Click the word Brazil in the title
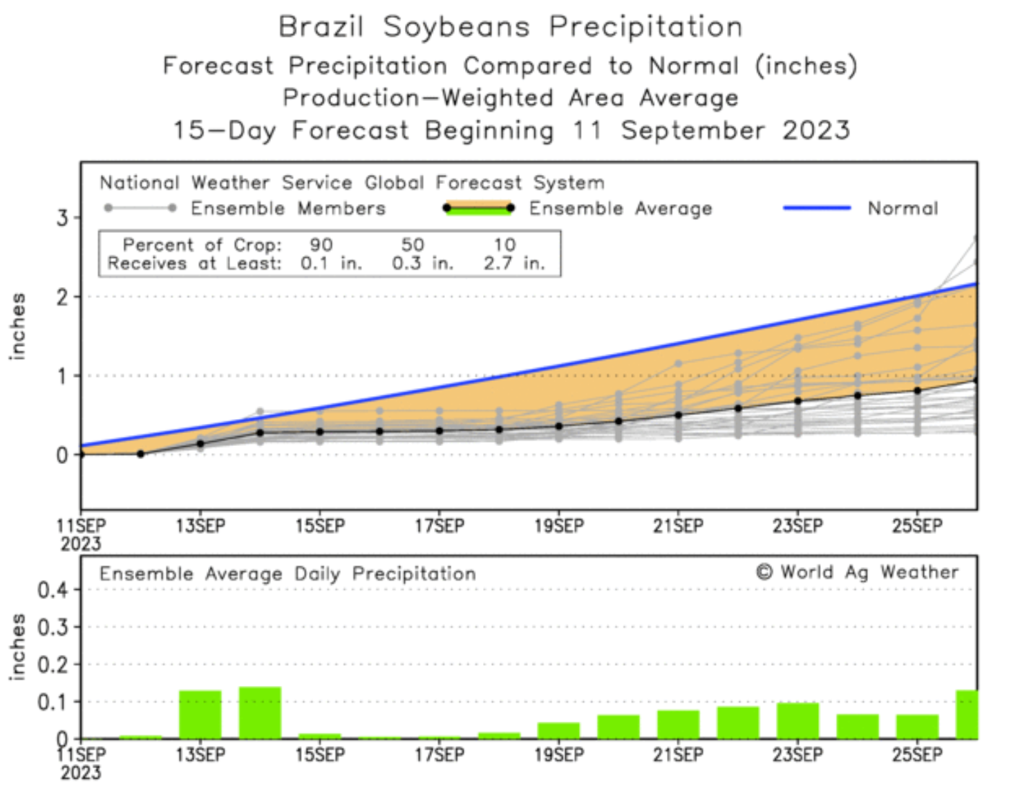coord(321,27)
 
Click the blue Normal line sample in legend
coord(816,207)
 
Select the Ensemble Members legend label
coord(287,208)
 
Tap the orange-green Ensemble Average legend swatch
coord(478,208)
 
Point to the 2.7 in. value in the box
coord(514,263)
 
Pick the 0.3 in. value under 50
coord(422,263)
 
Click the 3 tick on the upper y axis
coord(63,218)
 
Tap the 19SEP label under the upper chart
coord(558,526)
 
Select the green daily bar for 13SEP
coord(200,714)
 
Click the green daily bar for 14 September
coord(260,712)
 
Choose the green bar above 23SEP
coord(797,721)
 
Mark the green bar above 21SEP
coord(678,724)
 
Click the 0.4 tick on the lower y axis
coord(53,590)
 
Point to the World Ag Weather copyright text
coord(857,573)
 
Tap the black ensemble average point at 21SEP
coord(678,415)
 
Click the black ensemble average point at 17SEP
coord(440,431)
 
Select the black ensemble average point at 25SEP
coord(917,391)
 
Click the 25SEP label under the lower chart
coord(916,754)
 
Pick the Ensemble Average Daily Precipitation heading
coord(287,574)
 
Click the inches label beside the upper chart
coord(17,326)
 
